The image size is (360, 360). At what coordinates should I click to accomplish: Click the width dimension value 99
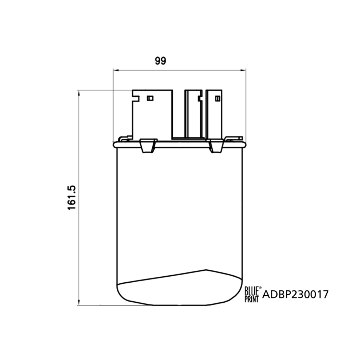tap(160, 61)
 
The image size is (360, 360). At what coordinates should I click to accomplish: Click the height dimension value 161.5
tap(72, 198)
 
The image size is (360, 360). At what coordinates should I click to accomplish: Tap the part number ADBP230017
tap(296, 294)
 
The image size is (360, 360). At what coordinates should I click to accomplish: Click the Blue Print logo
tap(252, 294)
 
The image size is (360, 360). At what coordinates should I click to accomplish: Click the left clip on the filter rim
tap(148, 146)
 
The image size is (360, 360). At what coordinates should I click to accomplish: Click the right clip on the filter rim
tap(216, 146)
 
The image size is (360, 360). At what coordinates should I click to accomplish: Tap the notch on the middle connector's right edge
tap(200, 98)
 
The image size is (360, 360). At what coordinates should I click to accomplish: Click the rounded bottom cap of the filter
tap(179, 290)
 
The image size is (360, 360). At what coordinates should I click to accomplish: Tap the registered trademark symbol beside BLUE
tap(260, 288)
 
